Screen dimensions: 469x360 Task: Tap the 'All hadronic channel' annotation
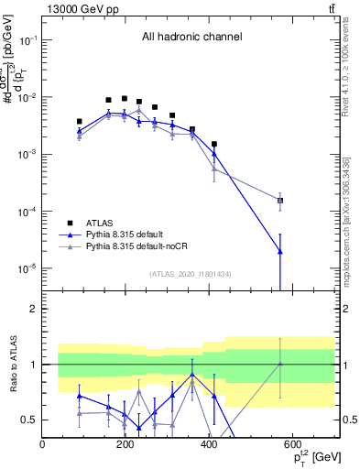tap(191, 38)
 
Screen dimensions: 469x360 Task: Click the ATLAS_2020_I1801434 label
tap(191, 274)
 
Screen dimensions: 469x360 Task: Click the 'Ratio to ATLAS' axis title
tap(11, 364)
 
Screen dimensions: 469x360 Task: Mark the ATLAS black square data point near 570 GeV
tap(280, 200)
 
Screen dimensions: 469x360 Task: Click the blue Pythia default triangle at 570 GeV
tap(280, 251)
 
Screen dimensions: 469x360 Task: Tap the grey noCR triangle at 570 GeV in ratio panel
tap(280, 364)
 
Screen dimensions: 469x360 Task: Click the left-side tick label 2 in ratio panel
tap(32, 309)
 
